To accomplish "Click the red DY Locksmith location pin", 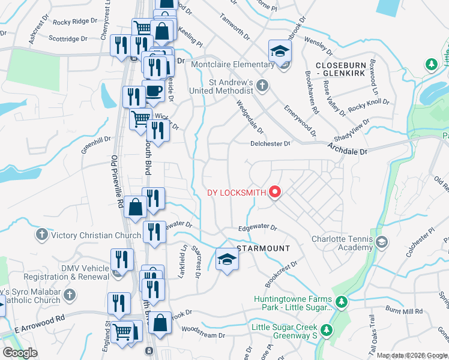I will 275,192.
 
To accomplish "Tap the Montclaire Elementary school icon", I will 280,52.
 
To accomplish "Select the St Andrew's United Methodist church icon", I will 262,86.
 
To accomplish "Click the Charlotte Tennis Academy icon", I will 382,242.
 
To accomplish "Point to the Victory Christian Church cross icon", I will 41,234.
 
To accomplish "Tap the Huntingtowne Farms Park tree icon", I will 341,301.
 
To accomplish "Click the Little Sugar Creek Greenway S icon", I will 326,329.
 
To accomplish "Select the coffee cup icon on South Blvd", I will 154,91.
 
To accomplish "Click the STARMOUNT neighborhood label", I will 264,248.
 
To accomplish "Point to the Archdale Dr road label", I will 347,149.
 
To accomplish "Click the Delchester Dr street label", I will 270,143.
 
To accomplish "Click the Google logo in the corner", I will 19,353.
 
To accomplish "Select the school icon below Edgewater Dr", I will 228,259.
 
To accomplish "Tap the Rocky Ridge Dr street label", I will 74,22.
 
